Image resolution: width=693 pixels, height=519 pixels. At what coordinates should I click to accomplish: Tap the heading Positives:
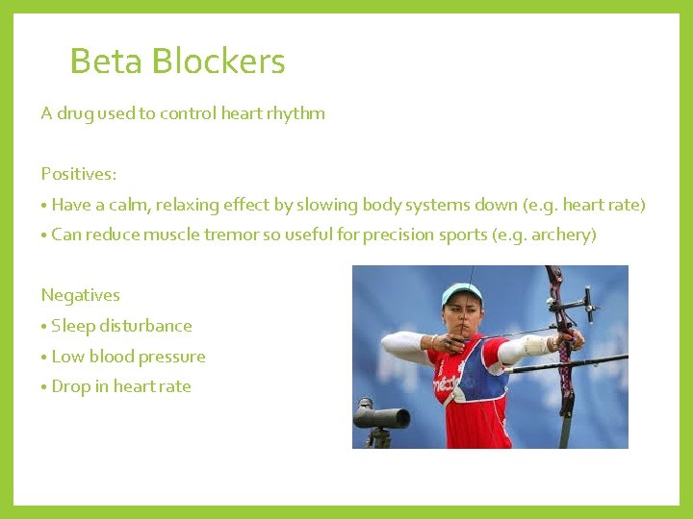point(79,174)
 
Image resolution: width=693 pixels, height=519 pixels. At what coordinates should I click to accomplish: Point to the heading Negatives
point(80,295)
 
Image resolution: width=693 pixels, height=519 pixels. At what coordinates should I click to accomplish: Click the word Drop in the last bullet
point(70,386)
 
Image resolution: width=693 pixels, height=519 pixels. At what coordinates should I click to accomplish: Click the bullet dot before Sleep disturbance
point(44,327)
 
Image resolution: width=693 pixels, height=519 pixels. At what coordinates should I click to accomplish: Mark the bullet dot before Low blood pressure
point(44,358)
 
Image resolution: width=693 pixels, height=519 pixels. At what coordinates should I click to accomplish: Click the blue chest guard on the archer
point(485,375)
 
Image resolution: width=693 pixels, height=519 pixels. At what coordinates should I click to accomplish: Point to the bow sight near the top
point(577,306)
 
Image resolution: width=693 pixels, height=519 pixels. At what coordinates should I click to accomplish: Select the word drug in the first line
point(75,113)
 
